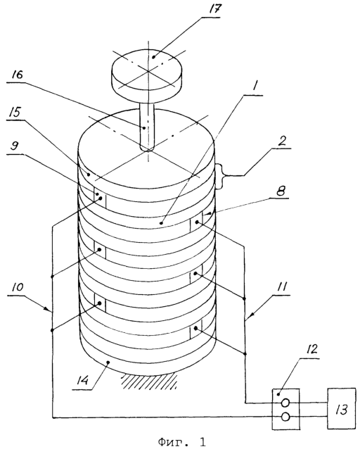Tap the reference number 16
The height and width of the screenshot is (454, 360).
[17, 75]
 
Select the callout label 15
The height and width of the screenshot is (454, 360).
[15, 113]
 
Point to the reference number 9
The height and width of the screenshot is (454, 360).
[15, 146]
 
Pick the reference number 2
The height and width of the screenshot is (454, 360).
[281, 140]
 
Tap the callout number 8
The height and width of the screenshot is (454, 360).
[280, 191]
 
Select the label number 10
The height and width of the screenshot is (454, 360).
[18, 287]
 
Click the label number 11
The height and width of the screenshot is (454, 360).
[281, 287]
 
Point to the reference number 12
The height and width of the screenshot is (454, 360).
[310, 350]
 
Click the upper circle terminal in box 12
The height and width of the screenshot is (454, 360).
[285, 403]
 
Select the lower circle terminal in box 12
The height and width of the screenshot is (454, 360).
[285, 417]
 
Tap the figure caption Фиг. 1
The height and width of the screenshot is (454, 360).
[182, 442]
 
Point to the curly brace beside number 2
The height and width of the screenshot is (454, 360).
[221, 176]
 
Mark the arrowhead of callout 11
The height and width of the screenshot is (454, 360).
[251, 315]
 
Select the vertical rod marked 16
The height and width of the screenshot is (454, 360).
[148, 126]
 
